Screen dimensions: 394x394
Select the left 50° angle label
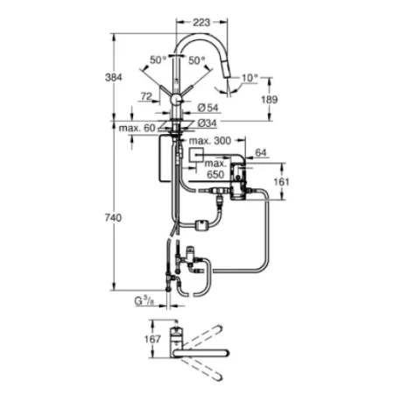pyautogui.click(x=157, y=60)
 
